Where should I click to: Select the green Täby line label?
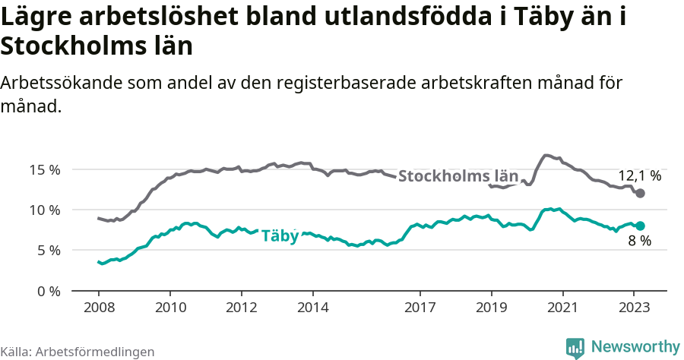pyautogui.click(x=280, y=236)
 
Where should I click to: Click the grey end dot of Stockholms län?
pyautogui.click(x=640, y=194)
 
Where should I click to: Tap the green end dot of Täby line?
pyautogui.click(x=640, y=226)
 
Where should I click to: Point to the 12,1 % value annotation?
pyautogui.click(x=639, y=175)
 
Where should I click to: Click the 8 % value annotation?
pyautogui.click(x=639, y=242)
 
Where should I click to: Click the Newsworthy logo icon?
pyautogui.click(x=575, y=348)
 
